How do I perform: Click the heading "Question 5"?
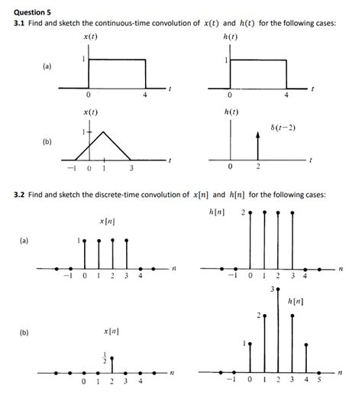(x=34, y=10)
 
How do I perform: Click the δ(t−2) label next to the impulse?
(x=283, y=127)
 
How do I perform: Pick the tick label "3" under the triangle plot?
(x=131, y=168)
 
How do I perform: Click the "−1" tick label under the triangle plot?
(x=70, y=168)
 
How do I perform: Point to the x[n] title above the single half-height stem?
(x=112, y=332)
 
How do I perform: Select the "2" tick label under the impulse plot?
(x=258, y=168)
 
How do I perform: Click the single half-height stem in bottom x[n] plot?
(x=112, y=364)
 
